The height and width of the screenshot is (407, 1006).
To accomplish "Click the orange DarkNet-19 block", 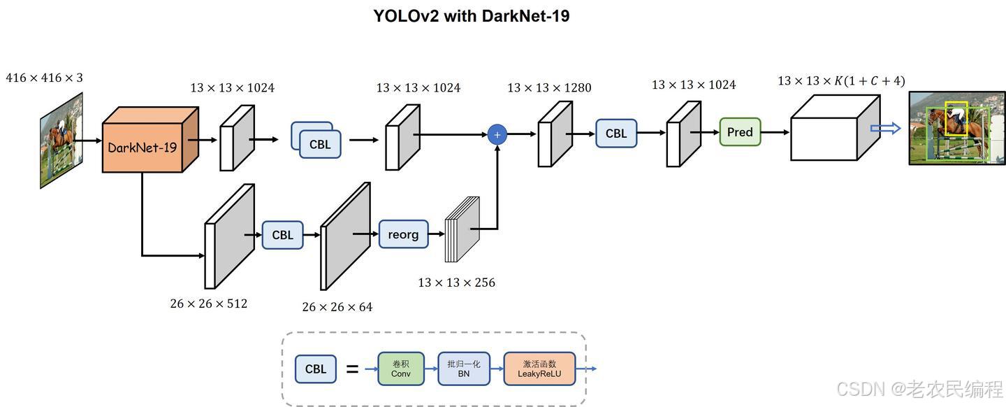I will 143,148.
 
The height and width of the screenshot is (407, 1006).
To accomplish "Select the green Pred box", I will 740,132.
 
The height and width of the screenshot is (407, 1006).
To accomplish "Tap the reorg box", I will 403,234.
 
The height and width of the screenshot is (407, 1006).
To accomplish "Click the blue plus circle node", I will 497,134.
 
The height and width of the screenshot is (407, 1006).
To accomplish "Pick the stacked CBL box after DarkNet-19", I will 320,144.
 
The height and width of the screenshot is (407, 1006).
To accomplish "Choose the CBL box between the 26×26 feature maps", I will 282,235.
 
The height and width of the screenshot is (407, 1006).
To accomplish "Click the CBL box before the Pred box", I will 615,133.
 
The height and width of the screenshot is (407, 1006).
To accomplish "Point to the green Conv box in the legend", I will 401,369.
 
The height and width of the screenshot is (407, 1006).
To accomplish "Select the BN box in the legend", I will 464,369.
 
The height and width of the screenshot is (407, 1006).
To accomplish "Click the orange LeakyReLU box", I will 539,369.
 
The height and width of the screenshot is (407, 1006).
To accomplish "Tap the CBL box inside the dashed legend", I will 316,369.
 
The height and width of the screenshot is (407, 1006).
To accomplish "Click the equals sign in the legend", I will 353,369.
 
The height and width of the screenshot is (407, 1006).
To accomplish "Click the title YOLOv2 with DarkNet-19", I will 472,15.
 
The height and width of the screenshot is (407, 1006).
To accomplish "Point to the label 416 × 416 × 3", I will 44,78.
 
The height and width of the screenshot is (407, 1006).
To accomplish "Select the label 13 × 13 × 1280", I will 549,87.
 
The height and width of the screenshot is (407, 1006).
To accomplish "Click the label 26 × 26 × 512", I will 208,304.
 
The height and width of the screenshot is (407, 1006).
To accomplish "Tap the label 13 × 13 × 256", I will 456,283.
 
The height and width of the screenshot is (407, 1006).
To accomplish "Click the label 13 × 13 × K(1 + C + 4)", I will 841,81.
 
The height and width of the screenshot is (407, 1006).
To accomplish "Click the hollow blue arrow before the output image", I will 885,129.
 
